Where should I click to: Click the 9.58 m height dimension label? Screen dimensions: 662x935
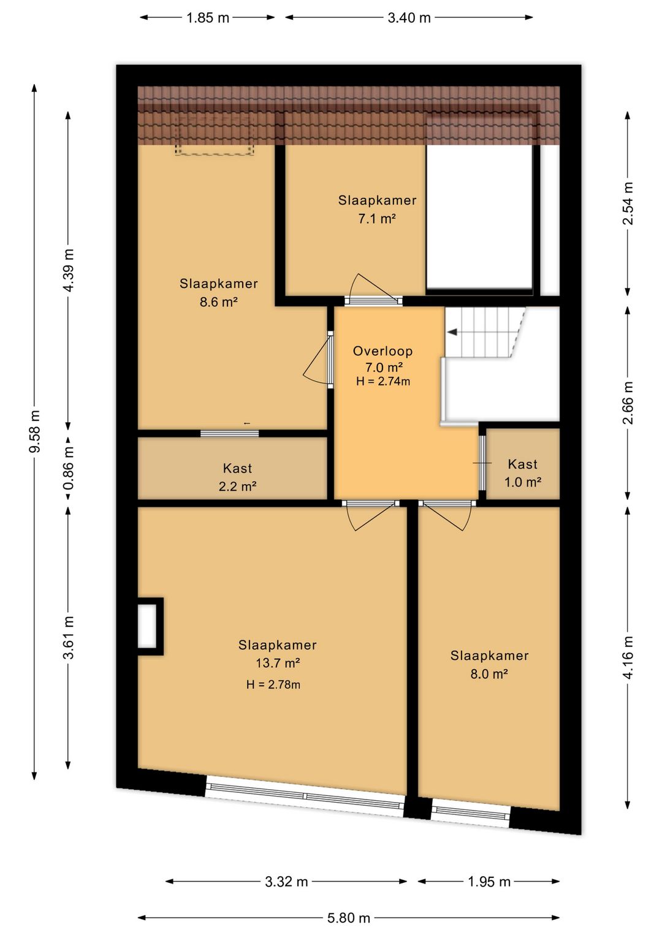36,431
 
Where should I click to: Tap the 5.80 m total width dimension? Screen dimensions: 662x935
349,917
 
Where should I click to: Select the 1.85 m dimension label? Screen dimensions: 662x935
208,18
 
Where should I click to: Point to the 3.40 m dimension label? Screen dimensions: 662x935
409,18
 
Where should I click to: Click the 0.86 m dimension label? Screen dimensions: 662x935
69,468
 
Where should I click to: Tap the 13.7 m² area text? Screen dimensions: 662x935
278,662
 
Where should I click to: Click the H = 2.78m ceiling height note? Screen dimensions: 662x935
273,684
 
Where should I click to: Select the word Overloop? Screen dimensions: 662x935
382,350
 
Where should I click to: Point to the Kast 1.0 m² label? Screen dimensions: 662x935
522,473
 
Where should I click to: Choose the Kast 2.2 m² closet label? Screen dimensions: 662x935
237,477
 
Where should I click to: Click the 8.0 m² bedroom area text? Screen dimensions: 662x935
489,674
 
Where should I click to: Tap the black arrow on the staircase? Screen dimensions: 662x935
452,332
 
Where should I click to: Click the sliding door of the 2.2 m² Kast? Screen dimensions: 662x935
229,433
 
